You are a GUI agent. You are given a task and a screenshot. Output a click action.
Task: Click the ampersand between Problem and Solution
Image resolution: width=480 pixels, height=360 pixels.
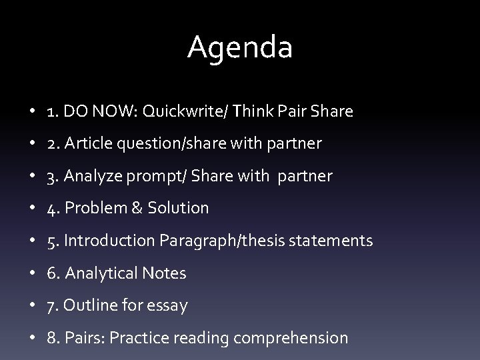137,208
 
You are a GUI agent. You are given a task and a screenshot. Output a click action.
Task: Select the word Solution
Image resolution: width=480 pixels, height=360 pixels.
177,208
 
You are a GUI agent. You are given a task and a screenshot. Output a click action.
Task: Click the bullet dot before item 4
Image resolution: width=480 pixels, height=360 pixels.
33,209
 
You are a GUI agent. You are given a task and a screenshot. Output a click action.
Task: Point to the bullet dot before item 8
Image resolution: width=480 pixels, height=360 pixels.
33,339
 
